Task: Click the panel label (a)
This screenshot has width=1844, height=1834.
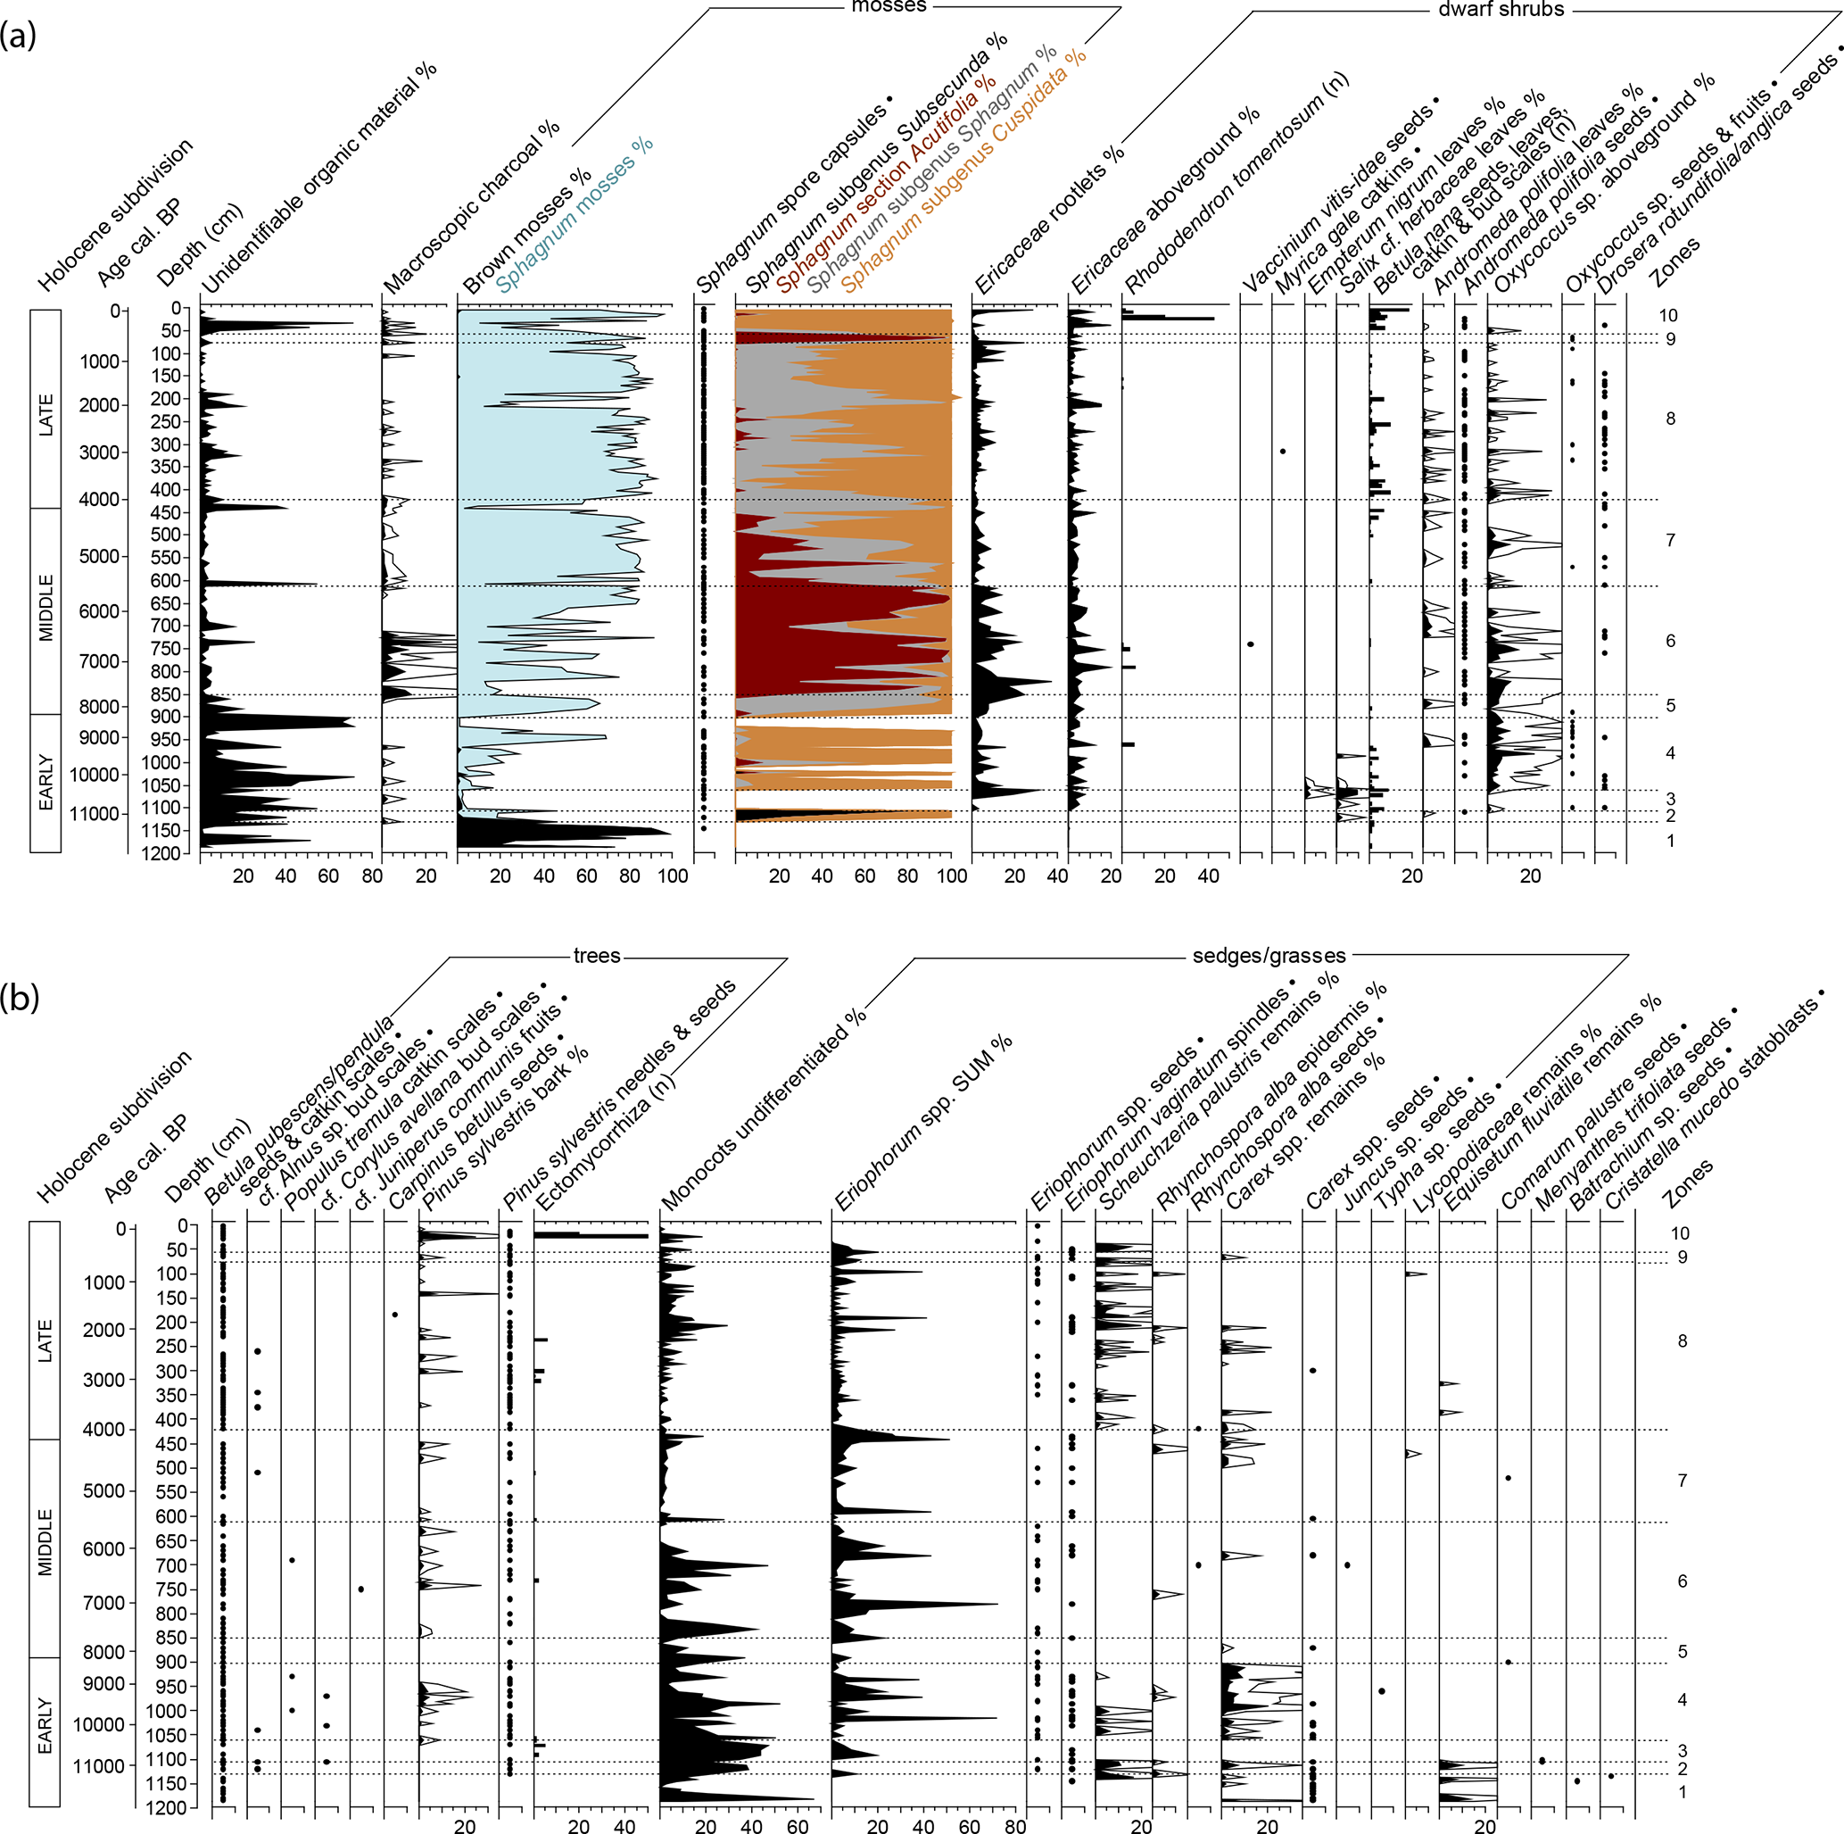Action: pyautogui.click(x=18, y=36)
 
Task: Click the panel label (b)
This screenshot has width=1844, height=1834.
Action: pyautogui.click(x=20, y=998)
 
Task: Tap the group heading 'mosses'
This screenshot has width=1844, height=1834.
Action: pyautogui.click(x=889, y=5)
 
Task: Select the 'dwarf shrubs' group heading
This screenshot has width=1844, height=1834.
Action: pyautogui.click(x=1501, y=10)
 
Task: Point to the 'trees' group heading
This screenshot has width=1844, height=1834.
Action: pyautogui.click(x=597, y=956)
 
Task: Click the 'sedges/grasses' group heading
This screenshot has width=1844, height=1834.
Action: pyautogui.click(x=1269, y=956)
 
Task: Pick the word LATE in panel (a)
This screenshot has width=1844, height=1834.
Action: pyautogui.click(x=45, y=415)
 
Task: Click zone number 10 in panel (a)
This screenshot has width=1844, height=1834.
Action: pyautogui.click(x=1667, y=315)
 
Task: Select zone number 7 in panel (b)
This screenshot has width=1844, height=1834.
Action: pyautogui.click(x=1682, y=1480)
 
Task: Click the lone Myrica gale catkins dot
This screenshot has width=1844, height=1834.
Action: pyautogui.click(x=1283, y=451)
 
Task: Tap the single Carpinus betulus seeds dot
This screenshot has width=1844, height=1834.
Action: pyautogui.click(x=395, y=1315)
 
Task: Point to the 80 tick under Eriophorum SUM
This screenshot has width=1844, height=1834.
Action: pyautogui.click(x=1014, y=1826)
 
